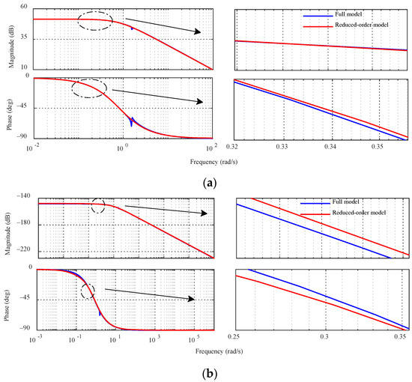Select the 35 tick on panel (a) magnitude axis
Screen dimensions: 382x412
(23, 38)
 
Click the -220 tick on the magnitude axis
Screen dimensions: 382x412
(19, 252)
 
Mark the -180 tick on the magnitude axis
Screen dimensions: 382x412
(19, 223)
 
